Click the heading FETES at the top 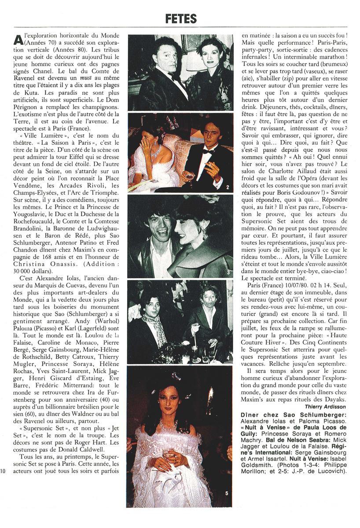(x=181, y=18)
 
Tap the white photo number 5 (x=226, y=493)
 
